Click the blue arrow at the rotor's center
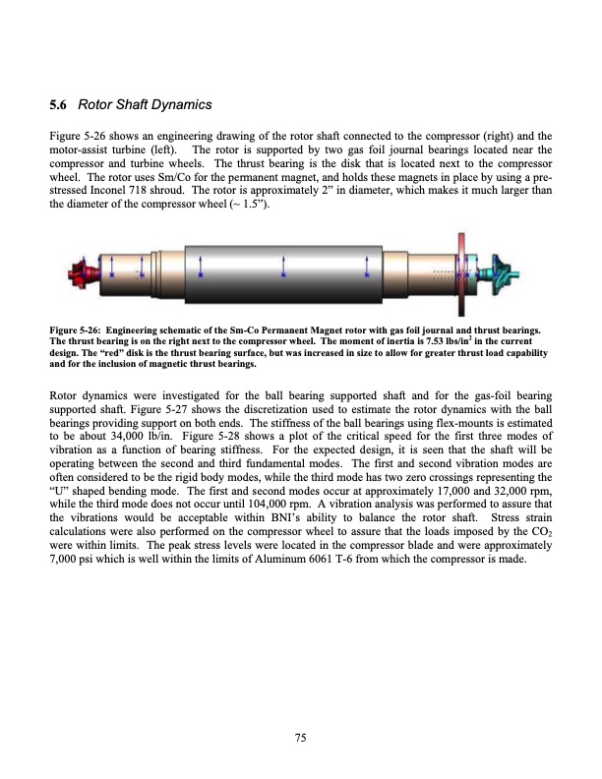point(284,267)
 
